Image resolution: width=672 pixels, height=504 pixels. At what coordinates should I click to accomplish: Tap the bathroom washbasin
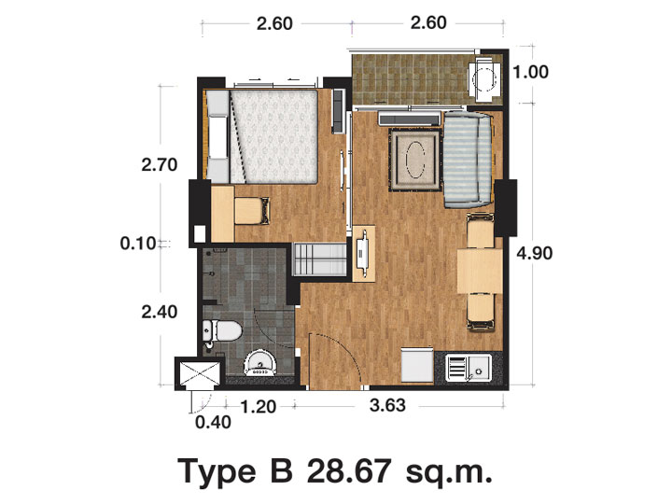tap(260, 363)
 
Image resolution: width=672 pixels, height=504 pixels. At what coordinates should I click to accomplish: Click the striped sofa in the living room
tap(468, 159)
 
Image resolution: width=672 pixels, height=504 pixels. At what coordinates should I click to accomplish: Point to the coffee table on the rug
tap(414, 161)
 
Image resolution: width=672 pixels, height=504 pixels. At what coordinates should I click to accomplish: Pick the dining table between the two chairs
tap(480, 271)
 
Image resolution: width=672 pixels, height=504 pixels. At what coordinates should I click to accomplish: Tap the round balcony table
tap(483, 79)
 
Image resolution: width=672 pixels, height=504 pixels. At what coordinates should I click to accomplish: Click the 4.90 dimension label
tap(534, 254)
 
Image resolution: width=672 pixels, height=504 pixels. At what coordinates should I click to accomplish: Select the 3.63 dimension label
tap(387, 405)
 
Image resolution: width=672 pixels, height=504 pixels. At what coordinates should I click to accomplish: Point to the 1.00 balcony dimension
tap(530, 72)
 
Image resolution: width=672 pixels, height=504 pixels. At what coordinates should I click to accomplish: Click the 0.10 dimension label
tap(137, 244)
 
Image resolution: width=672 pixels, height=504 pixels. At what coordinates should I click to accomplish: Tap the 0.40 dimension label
tap(213, 423)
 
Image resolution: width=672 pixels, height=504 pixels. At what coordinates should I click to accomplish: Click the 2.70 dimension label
tap(160, 165)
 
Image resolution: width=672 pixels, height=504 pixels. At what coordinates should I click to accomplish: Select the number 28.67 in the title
tap(348, 470)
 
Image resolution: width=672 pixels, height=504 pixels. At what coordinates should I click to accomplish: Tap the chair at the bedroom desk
tap(252, 210)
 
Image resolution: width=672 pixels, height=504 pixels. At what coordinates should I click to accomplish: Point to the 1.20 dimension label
tap(259, 407)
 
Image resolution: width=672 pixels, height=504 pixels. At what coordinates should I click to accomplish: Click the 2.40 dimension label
tap(160, 312)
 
